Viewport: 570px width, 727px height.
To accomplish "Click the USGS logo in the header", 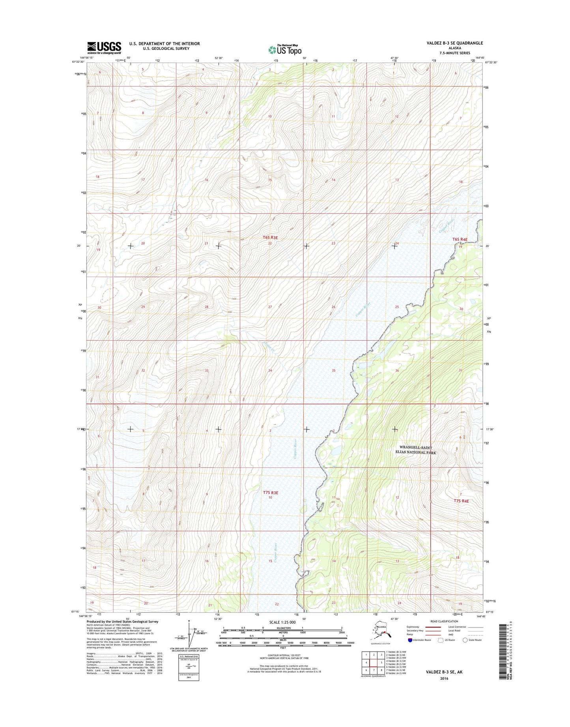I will pyautogui.click(x=104, y=47).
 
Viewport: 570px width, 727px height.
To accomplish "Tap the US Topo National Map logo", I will pyautogui.click(x=285, y=49).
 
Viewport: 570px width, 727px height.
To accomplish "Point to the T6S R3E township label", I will pyautogui.click(x=270, y=238).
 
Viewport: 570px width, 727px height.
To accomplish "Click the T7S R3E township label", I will pyautogui.click(x=270, y=493).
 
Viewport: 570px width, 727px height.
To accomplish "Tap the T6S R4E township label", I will pyautogui.click(x=460, y=240).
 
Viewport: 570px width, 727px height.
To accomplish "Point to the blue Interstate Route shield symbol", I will pyautogui.click(x=410, y=640).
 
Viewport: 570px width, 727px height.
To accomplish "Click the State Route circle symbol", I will pyautogui.click(x=465, y=640).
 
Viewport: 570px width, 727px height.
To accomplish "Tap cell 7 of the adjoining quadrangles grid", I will pyautogui.click(x=374, y=670).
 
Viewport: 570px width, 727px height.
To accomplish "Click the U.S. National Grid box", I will pyautogui.click(x=188, y=667).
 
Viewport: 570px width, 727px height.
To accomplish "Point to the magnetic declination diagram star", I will pyautogui.click(x=189, y=621).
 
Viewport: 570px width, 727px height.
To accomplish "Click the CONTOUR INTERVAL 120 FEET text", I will pyautogui.click(x=284, y=656).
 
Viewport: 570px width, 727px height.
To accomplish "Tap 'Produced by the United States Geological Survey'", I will pyautogui.click(x=122, y=621).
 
